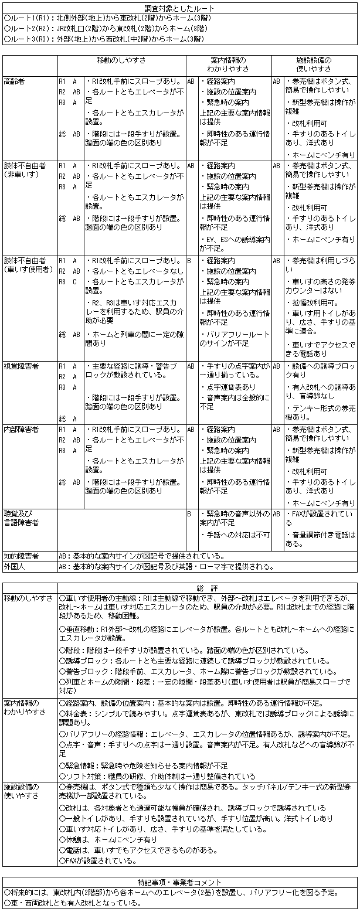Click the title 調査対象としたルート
point(179,8)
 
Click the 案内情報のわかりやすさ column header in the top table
point(228,64)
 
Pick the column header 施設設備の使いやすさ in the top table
point(314,64)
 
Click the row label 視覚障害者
point(21,366)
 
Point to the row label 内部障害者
point(21,430)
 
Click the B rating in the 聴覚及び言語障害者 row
point(189,513)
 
